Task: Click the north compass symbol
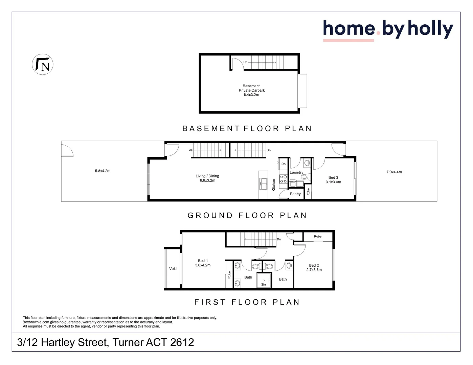[x=43, y=64]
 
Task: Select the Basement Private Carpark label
[x=251, y=90]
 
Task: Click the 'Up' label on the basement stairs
[x=245, y=62]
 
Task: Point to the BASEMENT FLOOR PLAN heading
[x=247, y=128]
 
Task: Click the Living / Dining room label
[x=207, y=178]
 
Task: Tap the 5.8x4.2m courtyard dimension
[x=103, y=171]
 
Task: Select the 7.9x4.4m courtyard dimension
[x=394, y=172]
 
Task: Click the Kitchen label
[x=274, y=185]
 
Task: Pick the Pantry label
[x=295, y=194]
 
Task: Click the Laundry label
[x=296, y=172]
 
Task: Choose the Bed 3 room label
[x=333, y=179]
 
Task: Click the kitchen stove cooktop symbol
[x=283, y=179]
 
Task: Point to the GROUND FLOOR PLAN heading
[x=247, y=215]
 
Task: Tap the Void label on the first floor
[x=173, y=269]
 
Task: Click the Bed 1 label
[x=203, y=263]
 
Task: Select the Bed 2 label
[x=314, y=267]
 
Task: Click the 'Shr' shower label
[x=264, y=285]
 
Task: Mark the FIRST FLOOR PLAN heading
[x=247, y=302]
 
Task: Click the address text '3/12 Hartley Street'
[x=63, y=342]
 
